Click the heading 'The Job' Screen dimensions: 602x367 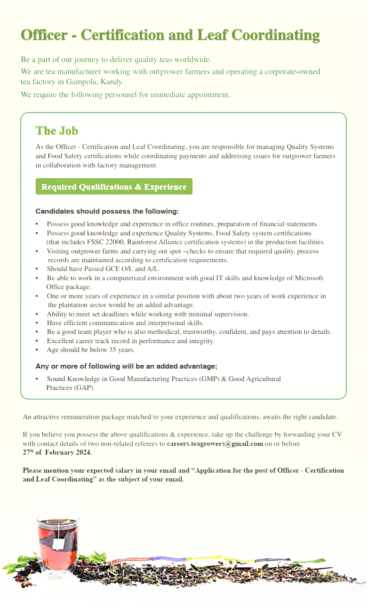tap(57, 131)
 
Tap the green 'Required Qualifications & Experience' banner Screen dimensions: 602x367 tap(114, 187)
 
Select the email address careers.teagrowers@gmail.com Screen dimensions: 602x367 tap(215, 444)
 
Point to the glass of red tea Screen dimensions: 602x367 tap(58, 537)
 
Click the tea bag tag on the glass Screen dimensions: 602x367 tap(58, 544)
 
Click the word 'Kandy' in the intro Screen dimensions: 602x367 tap(113, 82)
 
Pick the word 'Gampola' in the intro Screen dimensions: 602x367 tap(83, 82)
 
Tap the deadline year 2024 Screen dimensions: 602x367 tap(83, 452)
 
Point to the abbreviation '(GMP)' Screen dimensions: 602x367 tap(209, 379)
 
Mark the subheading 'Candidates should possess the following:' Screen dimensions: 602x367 tap(107, 212)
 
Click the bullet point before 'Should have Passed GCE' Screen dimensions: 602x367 tap(37, 269)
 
